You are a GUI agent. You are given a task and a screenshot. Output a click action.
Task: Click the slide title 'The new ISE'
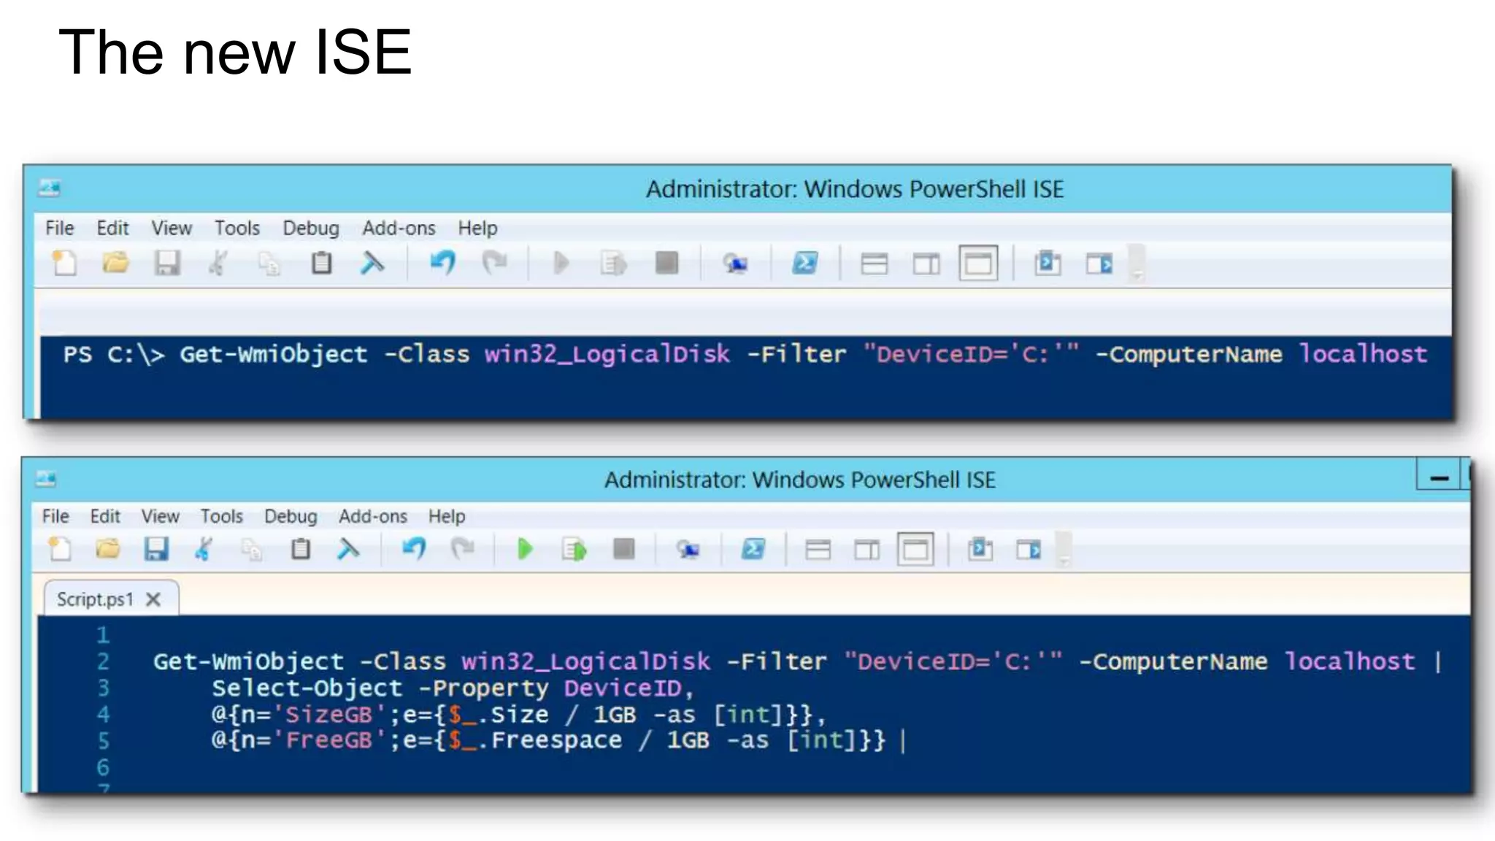tap(235, 53)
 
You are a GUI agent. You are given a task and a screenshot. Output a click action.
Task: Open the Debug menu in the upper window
tap(311, 229)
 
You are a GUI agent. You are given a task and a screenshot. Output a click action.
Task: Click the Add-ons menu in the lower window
tap(372, 517)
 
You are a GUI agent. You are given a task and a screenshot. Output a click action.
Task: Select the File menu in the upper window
tap(59, 229)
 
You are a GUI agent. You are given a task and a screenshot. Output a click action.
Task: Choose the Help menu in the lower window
tap(446, 517)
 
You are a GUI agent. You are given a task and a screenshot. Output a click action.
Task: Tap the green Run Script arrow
tap(524, 549)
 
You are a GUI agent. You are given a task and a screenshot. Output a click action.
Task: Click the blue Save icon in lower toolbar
tap(156, 549)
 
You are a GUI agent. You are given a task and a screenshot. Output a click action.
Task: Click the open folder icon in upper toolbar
tap(115, 263)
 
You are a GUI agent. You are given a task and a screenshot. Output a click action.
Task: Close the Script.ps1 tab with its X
tap(153, 600)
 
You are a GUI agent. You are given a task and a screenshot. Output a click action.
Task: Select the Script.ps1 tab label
tap(95, 600)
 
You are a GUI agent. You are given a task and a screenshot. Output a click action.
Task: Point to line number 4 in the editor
tap(104, 714)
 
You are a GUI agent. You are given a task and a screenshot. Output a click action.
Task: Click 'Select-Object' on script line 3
tap(307, 688)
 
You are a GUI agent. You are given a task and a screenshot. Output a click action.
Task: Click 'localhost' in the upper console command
tap(1362, 354)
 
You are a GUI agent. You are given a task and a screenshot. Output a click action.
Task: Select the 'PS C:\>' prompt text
tap(113, 355)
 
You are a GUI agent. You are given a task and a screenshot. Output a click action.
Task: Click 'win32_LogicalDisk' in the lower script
tap(585, 661)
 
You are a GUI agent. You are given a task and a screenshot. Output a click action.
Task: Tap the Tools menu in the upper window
tap(237, 229)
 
